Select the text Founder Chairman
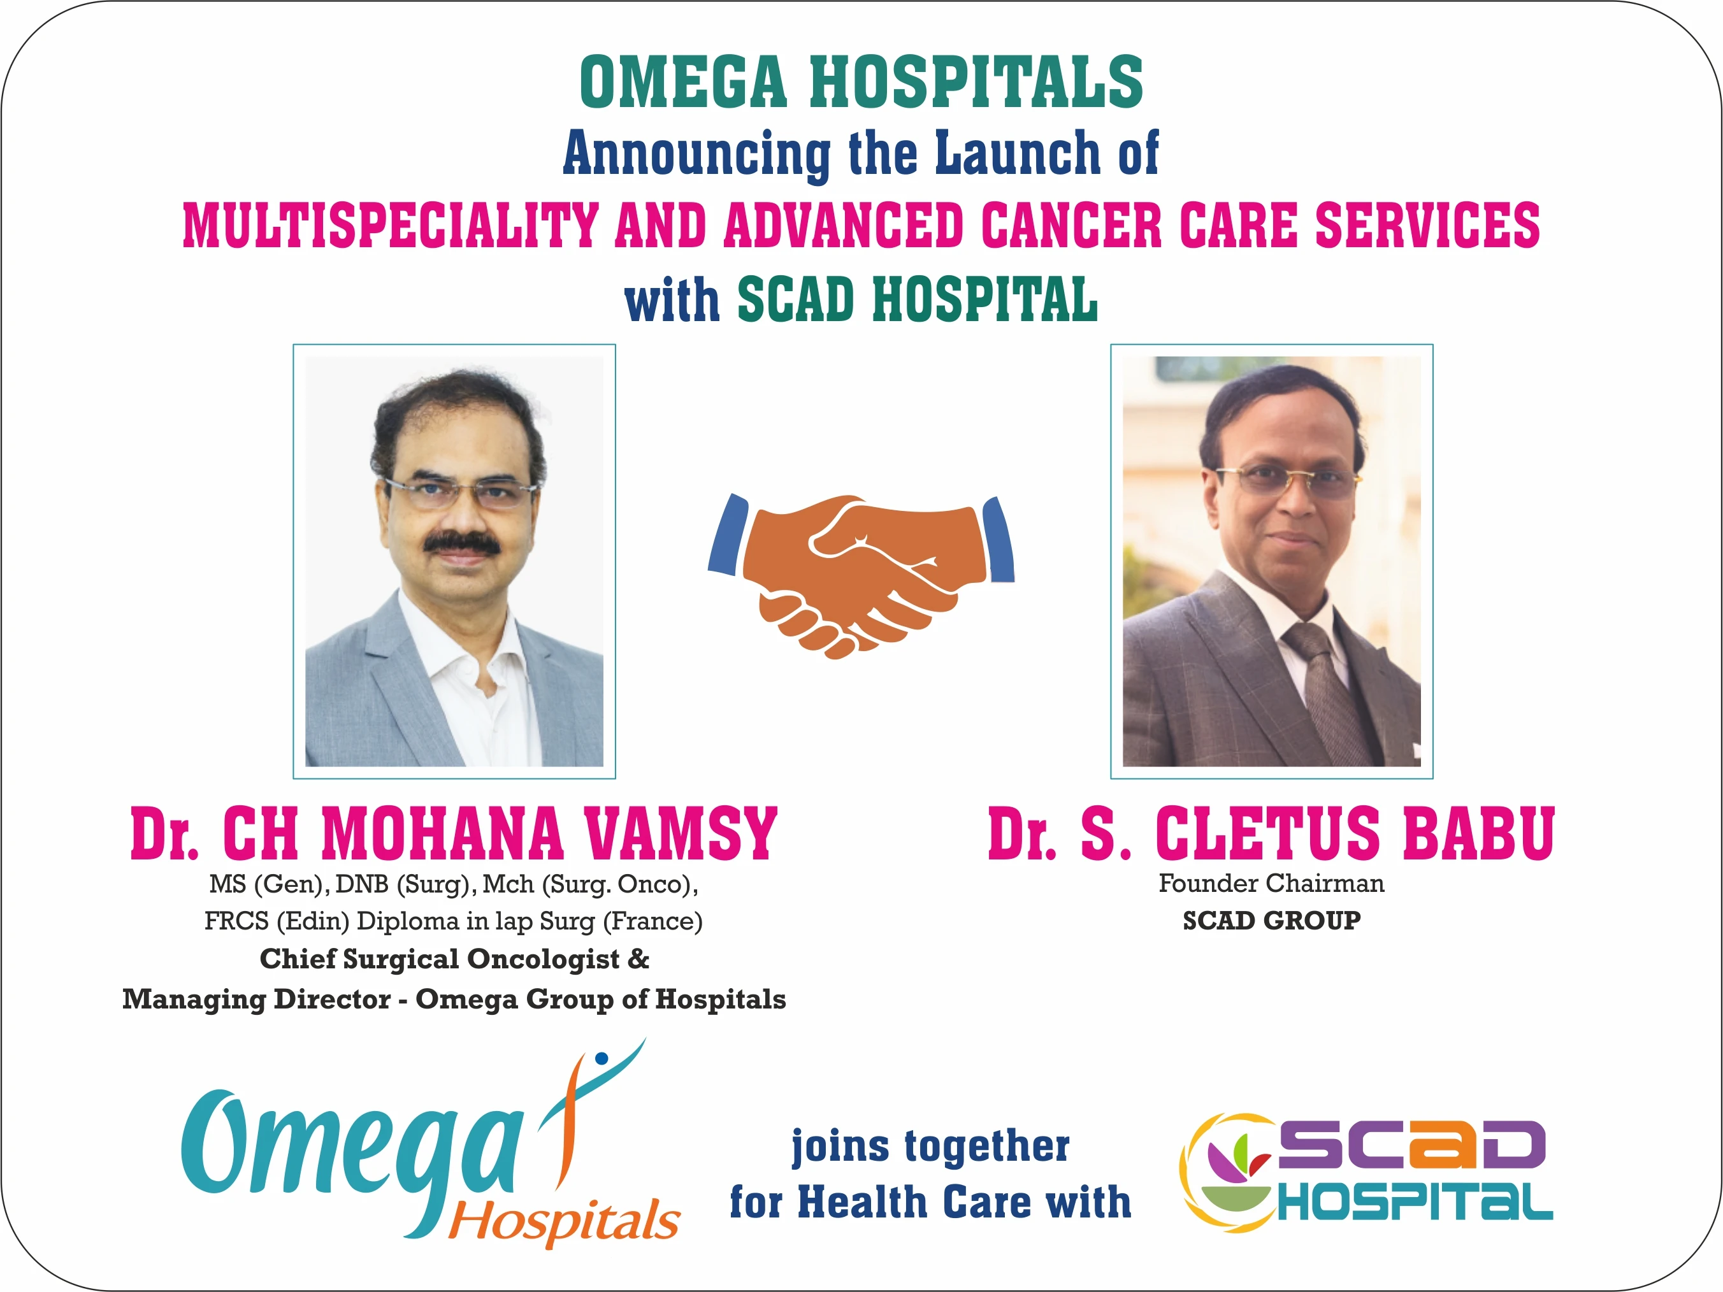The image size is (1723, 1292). [x=1271, y=883]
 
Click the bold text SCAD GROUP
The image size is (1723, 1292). [x=1271, y=921]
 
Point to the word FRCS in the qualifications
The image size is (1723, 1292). [x=236, y=921]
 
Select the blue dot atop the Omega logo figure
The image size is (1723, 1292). [x=602, y=1058]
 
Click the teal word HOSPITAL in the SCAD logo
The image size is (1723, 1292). [x=1415, y=1202]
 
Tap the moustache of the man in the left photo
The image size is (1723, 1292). [x=461, y=543]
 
